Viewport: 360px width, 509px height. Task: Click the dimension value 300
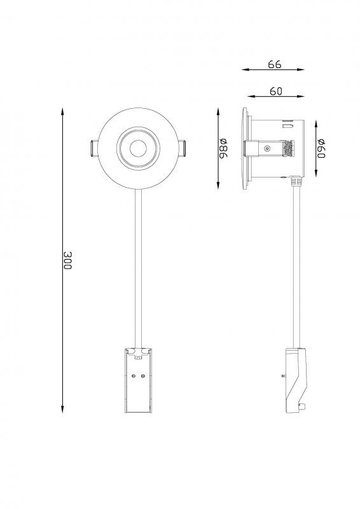click(67, 260)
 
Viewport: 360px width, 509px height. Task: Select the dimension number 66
click(275, 64)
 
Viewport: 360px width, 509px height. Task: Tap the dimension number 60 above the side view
click(275, 91)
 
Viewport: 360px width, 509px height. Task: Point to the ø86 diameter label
click(223, 148)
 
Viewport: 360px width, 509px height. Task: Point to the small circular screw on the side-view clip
click(267, 150)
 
